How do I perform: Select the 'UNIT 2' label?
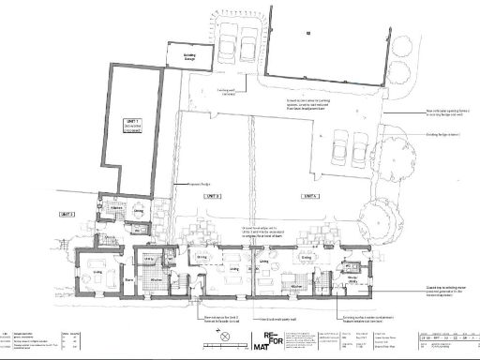point(67,214)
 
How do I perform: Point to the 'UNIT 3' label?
point(212,196)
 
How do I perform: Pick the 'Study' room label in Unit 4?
point(354,278)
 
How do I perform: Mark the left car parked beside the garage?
point(227,46)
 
